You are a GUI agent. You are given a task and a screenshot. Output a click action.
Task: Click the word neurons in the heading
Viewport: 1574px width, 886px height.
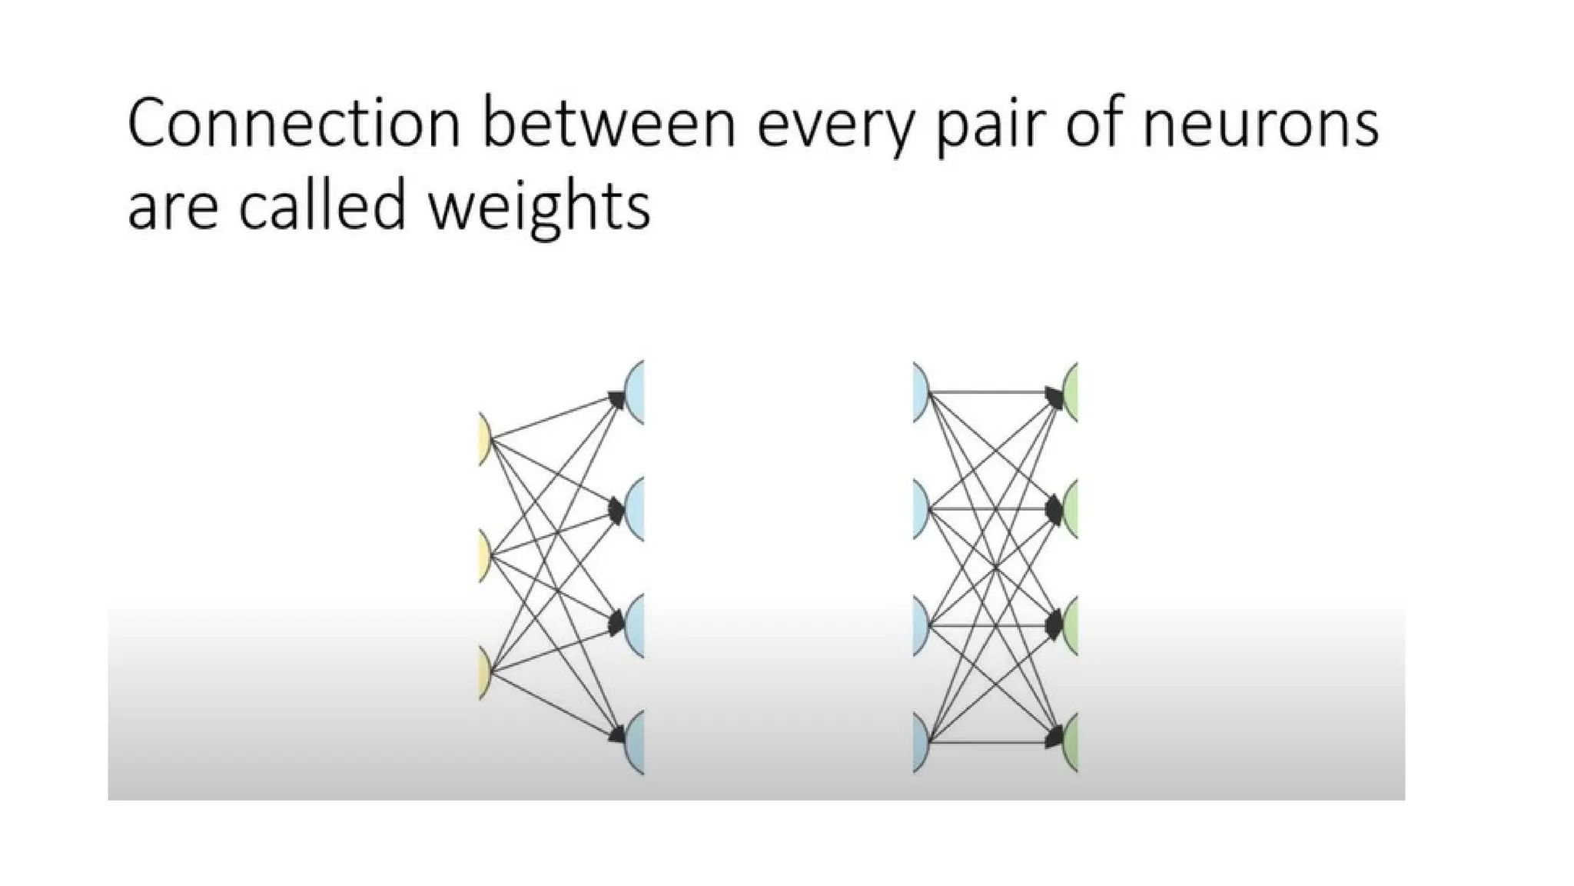[x=1260, y=125]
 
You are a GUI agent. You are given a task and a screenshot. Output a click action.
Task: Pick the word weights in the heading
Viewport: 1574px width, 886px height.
[x=539, y=209]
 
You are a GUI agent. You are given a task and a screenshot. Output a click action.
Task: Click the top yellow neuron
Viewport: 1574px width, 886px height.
[x=484, y=439]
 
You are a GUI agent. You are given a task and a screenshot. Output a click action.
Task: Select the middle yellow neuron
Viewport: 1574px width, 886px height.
[x=484, y=555]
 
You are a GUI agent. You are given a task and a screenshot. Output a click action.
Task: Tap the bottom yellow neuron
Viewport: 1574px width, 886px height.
[x=484, y=672]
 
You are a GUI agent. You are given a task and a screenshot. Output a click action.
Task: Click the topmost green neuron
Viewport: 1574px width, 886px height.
[x=1071, y=392]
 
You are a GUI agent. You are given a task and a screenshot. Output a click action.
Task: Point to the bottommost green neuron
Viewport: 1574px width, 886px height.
[x=1071, y=742]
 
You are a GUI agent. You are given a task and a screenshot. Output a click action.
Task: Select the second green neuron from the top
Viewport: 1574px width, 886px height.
[x=1071, y=509]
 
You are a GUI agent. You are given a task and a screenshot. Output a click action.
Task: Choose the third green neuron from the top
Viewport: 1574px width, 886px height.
[x=1071, y=625]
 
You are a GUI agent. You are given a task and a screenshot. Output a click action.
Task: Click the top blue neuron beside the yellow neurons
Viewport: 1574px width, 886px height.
[x=636, y=392]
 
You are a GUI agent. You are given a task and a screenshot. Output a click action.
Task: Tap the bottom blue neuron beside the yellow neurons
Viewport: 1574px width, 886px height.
[x=636, y=742]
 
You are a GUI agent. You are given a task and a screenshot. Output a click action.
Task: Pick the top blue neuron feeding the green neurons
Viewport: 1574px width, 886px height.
[x=920, y=392]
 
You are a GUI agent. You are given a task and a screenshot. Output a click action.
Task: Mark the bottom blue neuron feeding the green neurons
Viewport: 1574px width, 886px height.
[x=920, y=742]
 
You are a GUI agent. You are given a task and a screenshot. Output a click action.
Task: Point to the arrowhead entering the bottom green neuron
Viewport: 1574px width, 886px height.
[x=1054, y=740]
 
